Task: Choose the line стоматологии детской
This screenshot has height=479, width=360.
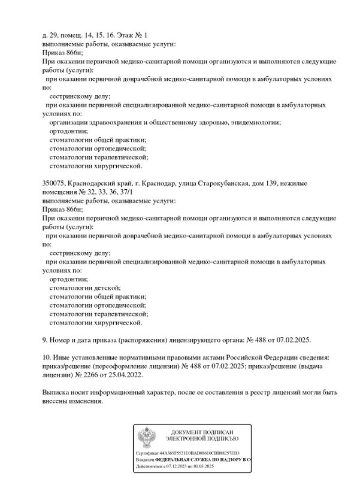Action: click(x=85, y=288)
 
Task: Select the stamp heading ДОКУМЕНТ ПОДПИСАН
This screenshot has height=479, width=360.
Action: click(x=201, y=433)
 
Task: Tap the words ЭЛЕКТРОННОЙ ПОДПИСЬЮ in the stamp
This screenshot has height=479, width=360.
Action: click(x=201, y=440)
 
